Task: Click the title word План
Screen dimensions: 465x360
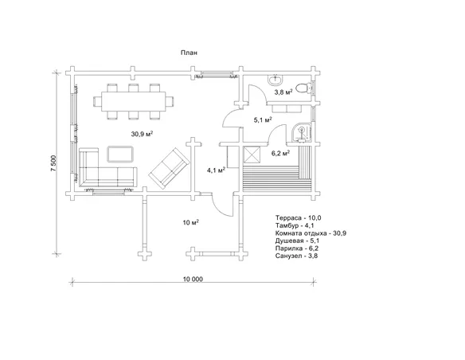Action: point(189,53)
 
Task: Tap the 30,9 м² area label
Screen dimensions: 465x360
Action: point(142,134)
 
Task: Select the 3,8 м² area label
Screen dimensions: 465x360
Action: point(283,92)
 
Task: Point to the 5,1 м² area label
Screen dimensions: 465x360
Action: point(263,119)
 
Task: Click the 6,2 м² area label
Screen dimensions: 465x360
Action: point(280,153)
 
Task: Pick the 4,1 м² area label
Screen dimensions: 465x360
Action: point(217,170)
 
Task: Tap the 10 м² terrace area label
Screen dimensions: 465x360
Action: point(191,222)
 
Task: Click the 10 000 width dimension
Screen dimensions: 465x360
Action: point(193,279)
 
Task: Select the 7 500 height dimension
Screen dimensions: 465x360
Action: point(53,162)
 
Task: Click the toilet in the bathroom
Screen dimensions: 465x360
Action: point(303,88)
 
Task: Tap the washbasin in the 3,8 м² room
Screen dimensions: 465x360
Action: point(275,79)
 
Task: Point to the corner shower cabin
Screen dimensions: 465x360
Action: point(301,132)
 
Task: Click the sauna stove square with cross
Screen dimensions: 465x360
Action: point(252,155)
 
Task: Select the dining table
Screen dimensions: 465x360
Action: point(134,101)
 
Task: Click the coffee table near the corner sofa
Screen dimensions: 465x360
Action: point(120,155)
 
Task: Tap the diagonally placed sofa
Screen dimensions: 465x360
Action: point(169,168)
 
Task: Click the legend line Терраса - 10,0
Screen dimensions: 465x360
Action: point(299,218)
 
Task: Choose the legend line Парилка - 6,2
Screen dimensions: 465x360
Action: point(297,248)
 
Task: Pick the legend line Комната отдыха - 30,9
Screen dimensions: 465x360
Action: point(311,233)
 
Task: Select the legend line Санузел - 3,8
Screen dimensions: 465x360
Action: point(296,256)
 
